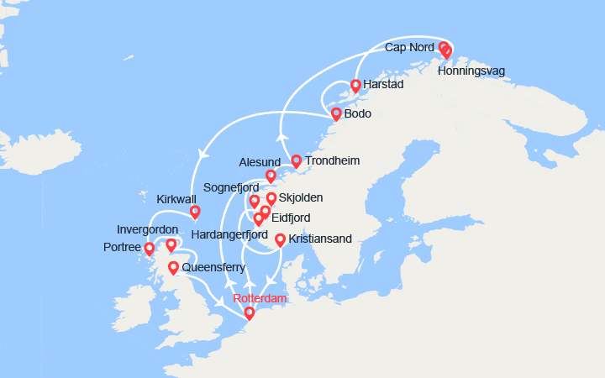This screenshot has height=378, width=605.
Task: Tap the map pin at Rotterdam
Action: [x=249, y=313]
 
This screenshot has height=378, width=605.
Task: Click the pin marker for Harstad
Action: [x=355, y=85]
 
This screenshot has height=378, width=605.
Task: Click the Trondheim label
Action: [x=333, y=160]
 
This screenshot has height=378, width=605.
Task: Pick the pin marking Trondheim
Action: [x=296, y=160]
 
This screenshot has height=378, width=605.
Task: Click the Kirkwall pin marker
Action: [x=195, y=212]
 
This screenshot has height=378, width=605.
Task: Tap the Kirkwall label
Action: [x=176, y=199]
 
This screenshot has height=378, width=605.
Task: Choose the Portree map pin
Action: [x=150, y=249]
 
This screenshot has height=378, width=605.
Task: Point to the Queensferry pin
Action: [x=173, y=268]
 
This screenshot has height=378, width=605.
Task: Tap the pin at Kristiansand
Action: [x=280, y=239]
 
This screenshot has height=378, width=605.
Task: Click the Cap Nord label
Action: [x=409, y=47]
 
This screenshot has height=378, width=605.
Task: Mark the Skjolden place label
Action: [x=300, y=198]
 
